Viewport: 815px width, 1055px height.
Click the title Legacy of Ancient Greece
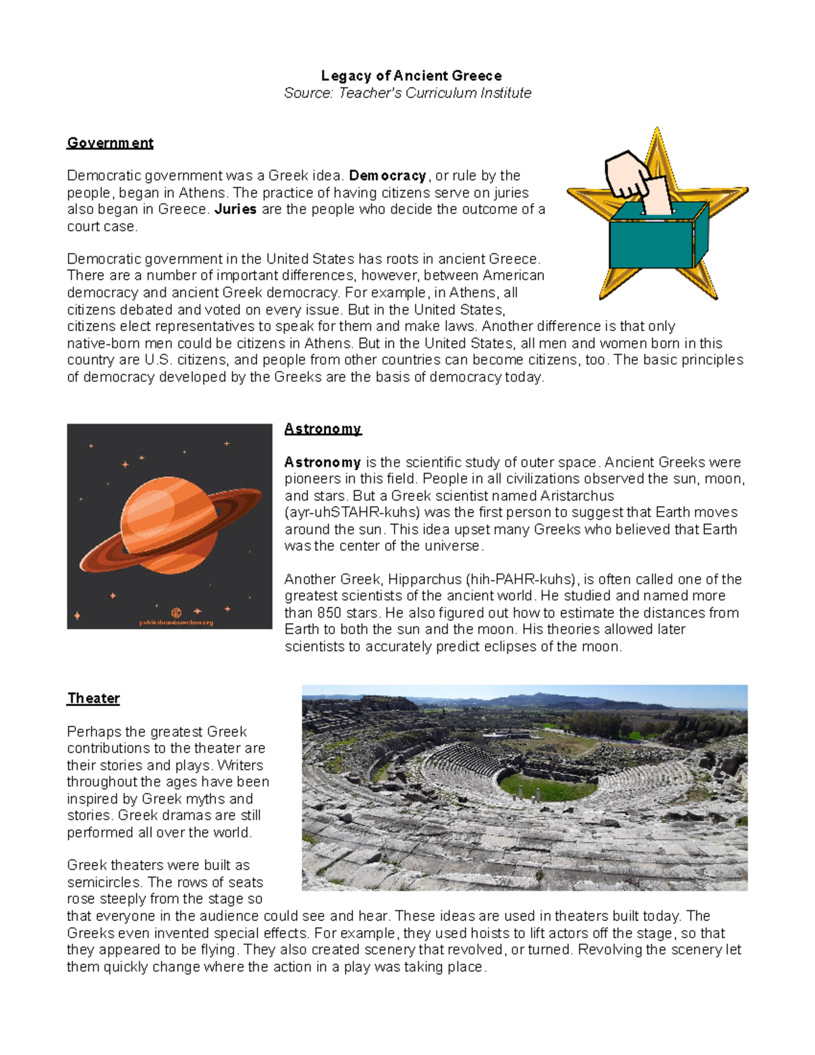(x=411, y=75)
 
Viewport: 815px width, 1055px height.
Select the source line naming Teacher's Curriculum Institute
(x=407, y=93)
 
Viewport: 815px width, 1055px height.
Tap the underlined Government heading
(x=110, y=143)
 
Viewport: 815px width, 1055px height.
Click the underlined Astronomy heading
(x=323, y=429)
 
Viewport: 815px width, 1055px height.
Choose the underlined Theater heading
(x=94, y=698)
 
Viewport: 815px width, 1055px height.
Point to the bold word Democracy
(x=387, y=176)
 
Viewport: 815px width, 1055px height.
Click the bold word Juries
(x=235, y=209)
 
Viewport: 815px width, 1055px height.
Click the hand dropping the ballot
(x=632, y=173)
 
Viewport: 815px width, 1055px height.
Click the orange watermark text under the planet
(x=177, y=622)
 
